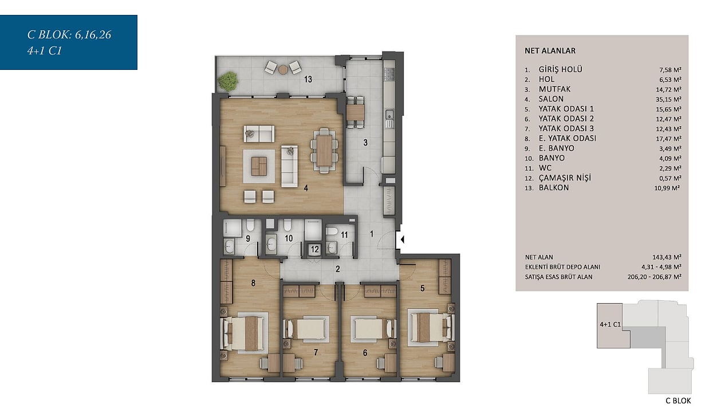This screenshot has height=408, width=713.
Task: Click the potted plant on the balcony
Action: [229, 81]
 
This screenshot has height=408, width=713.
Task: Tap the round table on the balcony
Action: [283, 69]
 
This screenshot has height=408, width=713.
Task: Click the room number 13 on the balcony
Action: [308, 79]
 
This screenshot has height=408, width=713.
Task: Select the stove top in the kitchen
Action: [389, 74]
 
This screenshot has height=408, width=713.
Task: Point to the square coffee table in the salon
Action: [259, 166]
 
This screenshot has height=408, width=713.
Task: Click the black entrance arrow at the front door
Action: [403, 239]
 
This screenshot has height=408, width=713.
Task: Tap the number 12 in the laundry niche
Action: [315, 249]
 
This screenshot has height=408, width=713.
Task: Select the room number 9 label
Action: [247, 238]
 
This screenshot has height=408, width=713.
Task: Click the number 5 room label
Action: [423, 288]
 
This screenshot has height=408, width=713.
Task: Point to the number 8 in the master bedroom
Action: [253, 283]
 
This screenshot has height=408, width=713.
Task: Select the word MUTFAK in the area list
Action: [554, 89]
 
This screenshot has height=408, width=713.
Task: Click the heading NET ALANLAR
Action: [550, 50]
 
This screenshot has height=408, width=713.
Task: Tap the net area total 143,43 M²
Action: [667, 257]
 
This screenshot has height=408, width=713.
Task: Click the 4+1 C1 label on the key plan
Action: [610, 324]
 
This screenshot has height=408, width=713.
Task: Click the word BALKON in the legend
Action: [554, 187]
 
